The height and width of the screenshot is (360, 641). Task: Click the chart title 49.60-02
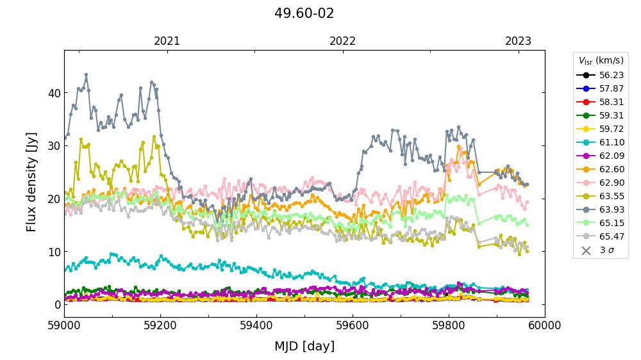coord(304,13)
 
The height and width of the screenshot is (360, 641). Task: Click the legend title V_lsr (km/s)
coord(601,61)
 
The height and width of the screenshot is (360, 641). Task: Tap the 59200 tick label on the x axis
coord(160,326)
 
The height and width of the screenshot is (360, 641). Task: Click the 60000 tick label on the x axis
coord(545,326)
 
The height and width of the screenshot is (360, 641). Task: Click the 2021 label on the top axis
coord(167,42)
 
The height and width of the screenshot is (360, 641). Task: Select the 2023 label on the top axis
coord(518,42)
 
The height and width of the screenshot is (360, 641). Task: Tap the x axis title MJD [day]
coord(304,347)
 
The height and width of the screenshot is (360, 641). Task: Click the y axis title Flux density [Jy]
coord(32,182)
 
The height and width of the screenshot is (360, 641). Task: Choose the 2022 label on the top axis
coord(342,42)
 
